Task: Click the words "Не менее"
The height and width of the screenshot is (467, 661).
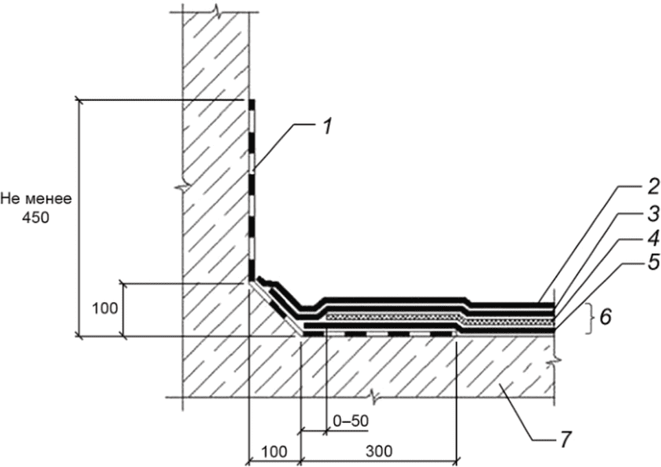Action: pos(40,199)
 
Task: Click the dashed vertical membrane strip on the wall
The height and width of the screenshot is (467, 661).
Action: pos(252,186)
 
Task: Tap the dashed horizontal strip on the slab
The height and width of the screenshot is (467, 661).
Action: pos(389,332)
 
